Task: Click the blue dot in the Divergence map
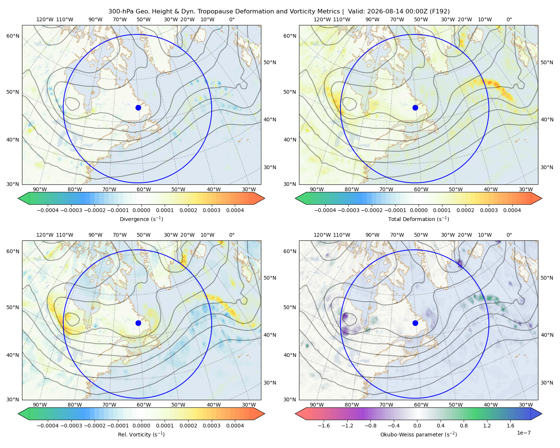pos(138,108)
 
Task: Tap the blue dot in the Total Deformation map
pos(415,108)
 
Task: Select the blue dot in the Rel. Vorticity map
pos(138,323)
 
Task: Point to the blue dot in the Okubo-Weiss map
pos(415,323)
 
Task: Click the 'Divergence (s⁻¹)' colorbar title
pos(141,219)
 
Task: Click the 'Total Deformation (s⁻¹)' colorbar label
pos(419,219)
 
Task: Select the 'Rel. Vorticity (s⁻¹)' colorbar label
pos(141,434)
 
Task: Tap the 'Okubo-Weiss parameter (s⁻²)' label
pos(419,434)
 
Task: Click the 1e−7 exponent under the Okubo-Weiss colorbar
pos(523,433)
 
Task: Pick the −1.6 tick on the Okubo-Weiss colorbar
pos(324,426)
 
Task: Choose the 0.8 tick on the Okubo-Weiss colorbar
pos(464,426)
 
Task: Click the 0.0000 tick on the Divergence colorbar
pos(141,210)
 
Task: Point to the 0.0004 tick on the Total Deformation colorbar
pos(512,210)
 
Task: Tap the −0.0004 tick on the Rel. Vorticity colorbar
pos(48,426)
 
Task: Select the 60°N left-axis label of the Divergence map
pos(13,36)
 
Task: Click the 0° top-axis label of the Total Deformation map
pos(509,19)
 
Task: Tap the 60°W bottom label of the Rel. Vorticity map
pos(144,405)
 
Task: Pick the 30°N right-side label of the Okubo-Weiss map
pos(547,383)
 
